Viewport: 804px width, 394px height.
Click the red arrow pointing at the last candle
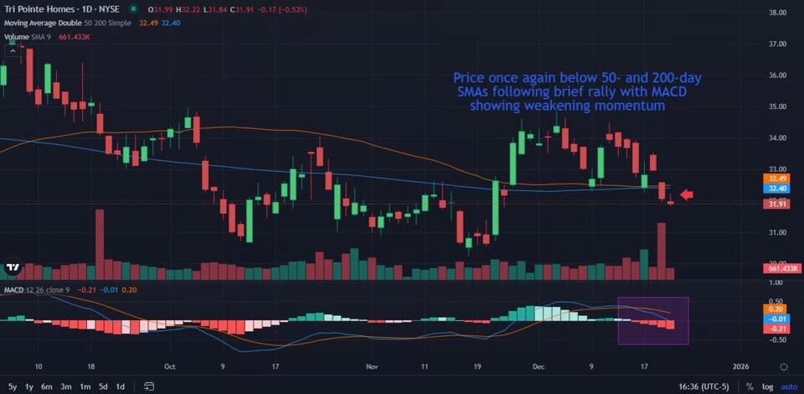[687, 195]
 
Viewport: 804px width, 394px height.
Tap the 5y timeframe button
[13, 386]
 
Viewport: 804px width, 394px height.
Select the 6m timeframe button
[48, 386]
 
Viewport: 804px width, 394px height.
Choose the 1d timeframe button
[121, 386]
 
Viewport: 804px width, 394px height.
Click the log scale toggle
[768, 386]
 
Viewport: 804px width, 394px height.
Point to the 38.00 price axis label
[778, 13]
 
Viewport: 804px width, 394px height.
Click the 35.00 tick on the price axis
[778, 106]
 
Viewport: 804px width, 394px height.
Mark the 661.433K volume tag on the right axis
[784, 268]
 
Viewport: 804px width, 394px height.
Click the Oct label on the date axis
[170, 366]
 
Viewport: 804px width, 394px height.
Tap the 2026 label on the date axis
[740, 366]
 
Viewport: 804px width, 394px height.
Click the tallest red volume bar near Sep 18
[100, 244]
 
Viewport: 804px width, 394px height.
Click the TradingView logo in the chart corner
[13, 268]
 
